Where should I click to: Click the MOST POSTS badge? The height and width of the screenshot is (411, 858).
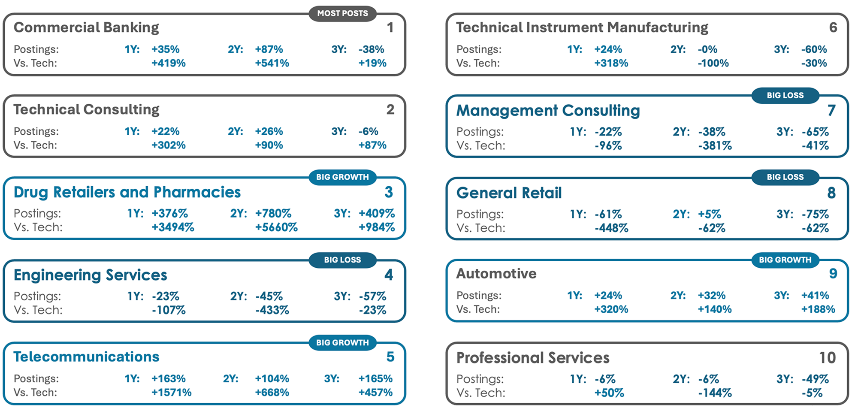[342, 13]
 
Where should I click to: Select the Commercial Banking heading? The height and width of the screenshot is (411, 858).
[86, 27]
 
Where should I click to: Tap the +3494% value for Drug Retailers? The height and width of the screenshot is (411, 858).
[172, 227]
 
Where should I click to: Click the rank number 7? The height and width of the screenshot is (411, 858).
[831, 110]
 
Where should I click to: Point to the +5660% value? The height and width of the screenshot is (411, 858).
[276, 227]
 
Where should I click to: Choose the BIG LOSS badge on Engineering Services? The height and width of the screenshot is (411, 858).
[342, 260]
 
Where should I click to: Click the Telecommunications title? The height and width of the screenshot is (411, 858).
[86, 357]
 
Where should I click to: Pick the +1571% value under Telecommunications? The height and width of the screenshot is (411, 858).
[171, 393]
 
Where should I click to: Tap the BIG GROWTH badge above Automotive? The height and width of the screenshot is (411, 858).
[785, 260]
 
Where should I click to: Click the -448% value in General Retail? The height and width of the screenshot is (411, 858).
[611, 228]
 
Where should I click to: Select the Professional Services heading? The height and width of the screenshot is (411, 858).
[533, 358]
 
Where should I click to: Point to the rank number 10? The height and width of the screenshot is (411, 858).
[827, 358]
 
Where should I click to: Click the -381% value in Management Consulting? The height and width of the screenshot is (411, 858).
[715, 146]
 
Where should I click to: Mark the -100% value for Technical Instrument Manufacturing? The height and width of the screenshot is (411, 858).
[713, 63]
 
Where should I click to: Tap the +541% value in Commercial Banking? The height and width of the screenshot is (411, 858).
[272, 63]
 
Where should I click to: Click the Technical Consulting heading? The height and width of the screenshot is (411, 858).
[86, 109]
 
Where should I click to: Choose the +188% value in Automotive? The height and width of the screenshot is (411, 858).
[818, 309]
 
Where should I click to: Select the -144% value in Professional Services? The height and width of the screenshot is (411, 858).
[715, 393]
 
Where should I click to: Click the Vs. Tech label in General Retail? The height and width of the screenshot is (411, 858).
[480, 228]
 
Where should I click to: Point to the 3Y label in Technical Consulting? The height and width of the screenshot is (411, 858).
[339, 131]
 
